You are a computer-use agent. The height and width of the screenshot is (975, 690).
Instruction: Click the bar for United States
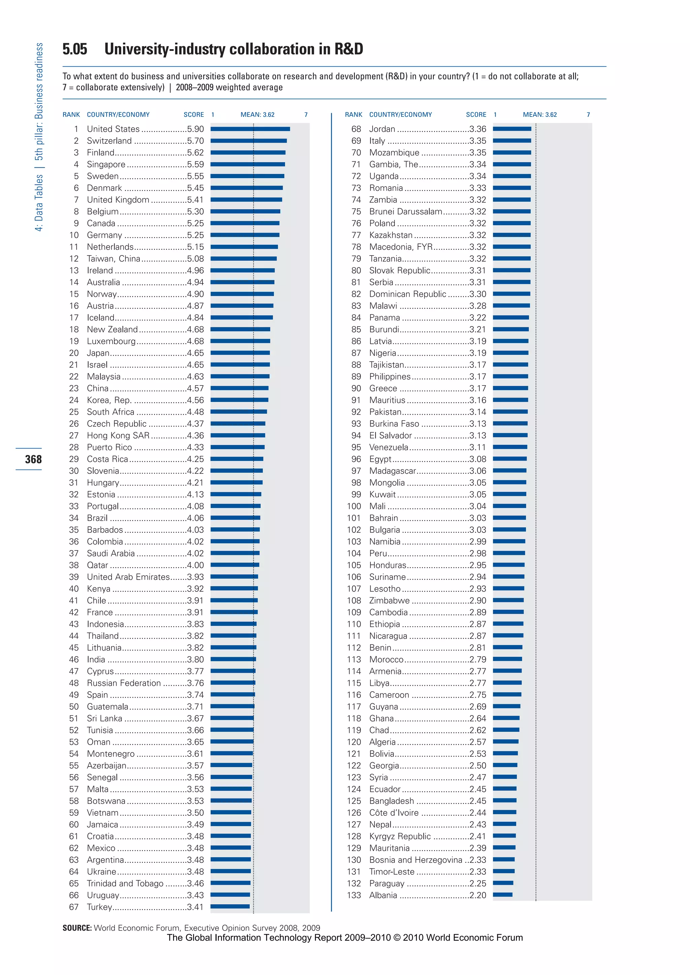point(250,129)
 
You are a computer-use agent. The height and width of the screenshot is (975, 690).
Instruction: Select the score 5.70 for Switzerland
point(195,140)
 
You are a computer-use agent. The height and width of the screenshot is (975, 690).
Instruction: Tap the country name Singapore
point(106,164)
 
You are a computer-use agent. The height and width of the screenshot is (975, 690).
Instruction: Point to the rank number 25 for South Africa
point(74,412)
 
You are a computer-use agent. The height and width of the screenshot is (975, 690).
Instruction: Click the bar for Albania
point(503,895)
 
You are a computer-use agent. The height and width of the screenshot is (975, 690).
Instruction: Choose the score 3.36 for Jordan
point(477,129)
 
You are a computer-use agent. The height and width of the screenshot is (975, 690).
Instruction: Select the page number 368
point(33,459)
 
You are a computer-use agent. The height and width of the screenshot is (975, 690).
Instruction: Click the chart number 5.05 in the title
point(75,49)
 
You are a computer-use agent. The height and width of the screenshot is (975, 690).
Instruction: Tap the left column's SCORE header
point(193,115)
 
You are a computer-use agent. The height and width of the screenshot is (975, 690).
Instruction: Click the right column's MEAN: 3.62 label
point(540,115)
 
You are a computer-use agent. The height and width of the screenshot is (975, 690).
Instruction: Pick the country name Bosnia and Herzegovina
point(415,860)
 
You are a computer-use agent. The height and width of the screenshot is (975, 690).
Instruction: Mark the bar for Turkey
point(230,907)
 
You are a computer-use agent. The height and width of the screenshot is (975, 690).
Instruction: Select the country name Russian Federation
point(124,683)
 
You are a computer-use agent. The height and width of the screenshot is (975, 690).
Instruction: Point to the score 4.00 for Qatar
point(195,565)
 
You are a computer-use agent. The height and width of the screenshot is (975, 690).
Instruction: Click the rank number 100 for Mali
point(353,506)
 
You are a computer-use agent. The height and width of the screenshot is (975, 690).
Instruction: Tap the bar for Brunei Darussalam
point(511,211)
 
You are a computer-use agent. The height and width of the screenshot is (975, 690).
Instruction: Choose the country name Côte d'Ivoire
point(394,812)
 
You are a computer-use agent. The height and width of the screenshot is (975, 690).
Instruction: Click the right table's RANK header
point(353,115)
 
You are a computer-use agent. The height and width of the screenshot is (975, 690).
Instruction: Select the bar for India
point(233,659)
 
